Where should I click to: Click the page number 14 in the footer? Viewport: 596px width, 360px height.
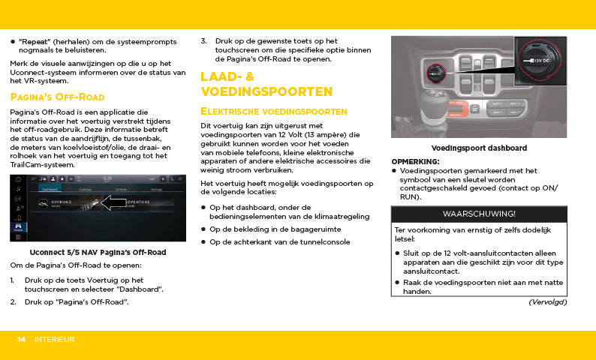pyautogui.click(x=23, y=340)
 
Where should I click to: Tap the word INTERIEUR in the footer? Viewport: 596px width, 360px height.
pyautogui.click(x=54, y=340)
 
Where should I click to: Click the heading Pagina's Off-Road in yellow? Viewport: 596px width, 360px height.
pyautogui.click(x=57, y=97)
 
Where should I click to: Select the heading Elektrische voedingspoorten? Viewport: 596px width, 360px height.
pyautogui.click(x=273, y=111)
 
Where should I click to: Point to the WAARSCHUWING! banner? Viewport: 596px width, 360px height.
pyautogui.click(x=479, y=214)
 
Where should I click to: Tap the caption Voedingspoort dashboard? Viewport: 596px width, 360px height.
pyautogui.click(x=479, y=148)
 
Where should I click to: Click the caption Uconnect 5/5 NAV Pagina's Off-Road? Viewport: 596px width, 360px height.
pyautogui.click(x=98, y=252)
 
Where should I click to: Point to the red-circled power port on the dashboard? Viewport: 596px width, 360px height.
pyautogui.click(x=434, y=73)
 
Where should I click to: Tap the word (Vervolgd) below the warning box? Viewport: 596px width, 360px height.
pyautogui.click(x=547, y=301)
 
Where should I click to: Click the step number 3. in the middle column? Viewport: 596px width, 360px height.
pyautogui.click(x=204, y=40)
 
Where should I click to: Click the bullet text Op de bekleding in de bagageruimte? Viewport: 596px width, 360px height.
pyautogui.click(x=275, y=228)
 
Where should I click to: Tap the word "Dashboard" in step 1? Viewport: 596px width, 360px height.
pyautogui.click(x=140, y=289)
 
